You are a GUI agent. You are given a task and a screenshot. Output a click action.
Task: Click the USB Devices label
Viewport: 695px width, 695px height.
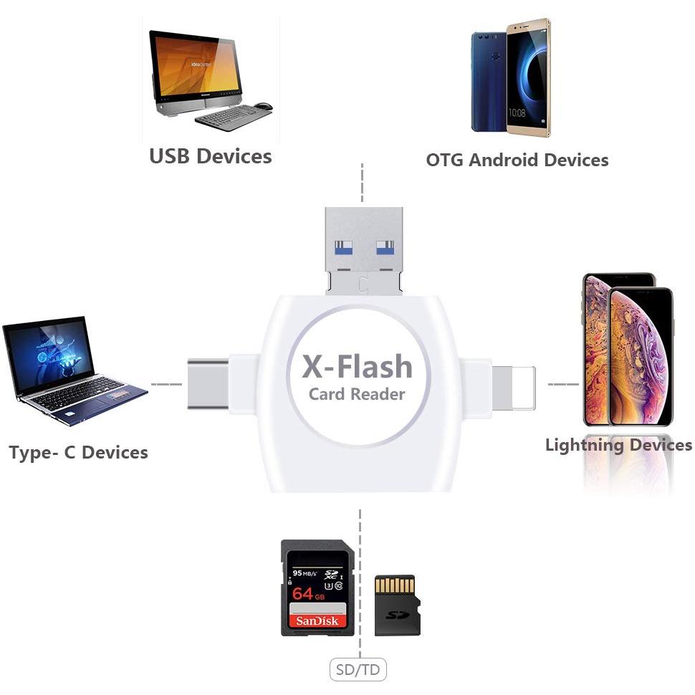click(x=211, y=156)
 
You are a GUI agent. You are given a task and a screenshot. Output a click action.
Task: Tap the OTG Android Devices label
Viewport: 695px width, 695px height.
click(x=517, y=160)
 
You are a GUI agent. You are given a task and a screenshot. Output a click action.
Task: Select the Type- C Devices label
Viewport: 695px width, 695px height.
click(x=78, y=453)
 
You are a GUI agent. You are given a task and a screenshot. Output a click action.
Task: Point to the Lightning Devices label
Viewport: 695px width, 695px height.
click(x=618, y=445)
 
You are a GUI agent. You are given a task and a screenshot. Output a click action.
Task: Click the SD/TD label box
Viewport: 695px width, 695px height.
click(x=358, y=669)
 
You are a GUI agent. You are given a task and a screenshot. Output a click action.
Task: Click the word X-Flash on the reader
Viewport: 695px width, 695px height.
click(x=358, y=366)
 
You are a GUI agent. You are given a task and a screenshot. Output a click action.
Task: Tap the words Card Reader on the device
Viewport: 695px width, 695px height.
click(x=357, y=394)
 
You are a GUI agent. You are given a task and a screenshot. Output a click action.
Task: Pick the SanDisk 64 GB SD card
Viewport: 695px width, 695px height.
click(x=317, y=588)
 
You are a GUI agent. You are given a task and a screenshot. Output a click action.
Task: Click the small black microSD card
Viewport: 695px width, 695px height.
click(x=397, y=605)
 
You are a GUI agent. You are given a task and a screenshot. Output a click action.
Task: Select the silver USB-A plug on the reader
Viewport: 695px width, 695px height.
click(x=364, y=251)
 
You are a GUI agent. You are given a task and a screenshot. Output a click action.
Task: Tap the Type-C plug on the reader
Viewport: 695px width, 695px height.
click(x=208, y=384)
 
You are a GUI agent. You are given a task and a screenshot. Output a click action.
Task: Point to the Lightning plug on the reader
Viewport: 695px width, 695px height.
click(x=514, y=388)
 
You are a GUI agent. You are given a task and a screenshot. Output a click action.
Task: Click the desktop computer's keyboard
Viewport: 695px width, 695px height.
click(x=234, y=118)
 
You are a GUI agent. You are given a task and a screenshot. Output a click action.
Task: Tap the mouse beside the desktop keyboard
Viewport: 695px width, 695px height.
click(x=263, y=106)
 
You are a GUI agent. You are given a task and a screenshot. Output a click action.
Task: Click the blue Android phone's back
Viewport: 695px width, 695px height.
click(x=489, y=82)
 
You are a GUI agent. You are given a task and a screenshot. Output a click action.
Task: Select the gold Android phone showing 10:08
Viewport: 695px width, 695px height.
click(x=529, y=77)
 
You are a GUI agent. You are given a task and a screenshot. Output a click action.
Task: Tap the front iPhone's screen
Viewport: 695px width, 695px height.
click(x=641, y=356)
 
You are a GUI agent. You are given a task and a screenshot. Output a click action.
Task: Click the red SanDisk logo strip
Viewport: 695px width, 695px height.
click(x=317, y=620)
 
